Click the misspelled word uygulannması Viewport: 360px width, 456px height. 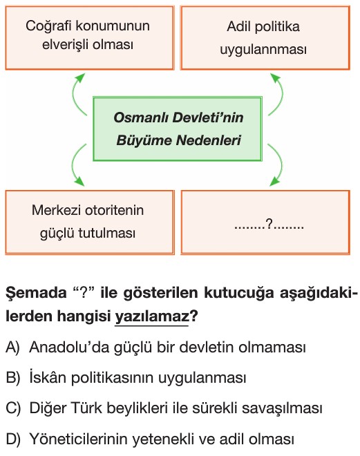[263, 50]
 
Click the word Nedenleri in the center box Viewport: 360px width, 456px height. [209, 140]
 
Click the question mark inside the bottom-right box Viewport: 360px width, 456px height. [269, 225]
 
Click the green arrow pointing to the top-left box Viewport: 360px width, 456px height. [74, 95]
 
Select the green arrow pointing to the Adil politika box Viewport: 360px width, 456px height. [281, 95]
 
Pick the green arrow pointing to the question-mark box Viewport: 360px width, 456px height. [281, 165]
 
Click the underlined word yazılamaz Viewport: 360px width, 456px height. [152, 316]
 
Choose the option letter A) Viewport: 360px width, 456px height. [13, 348]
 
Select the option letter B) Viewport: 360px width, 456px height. [13, 378]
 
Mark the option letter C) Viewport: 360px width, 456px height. [13, 408]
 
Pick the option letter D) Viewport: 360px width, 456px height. [13, 439]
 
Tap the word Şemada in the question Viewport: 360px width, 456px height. [36, 292]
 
